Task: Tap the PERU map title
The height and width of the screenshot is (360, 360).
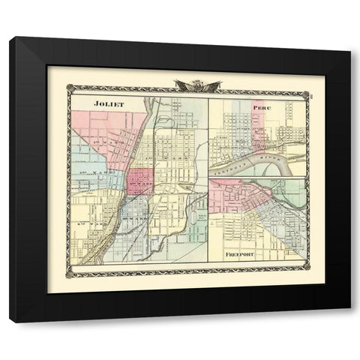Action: pos(261,107)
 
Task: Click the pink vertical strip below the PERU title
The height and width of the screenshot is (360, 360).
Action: pos(259,124)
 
